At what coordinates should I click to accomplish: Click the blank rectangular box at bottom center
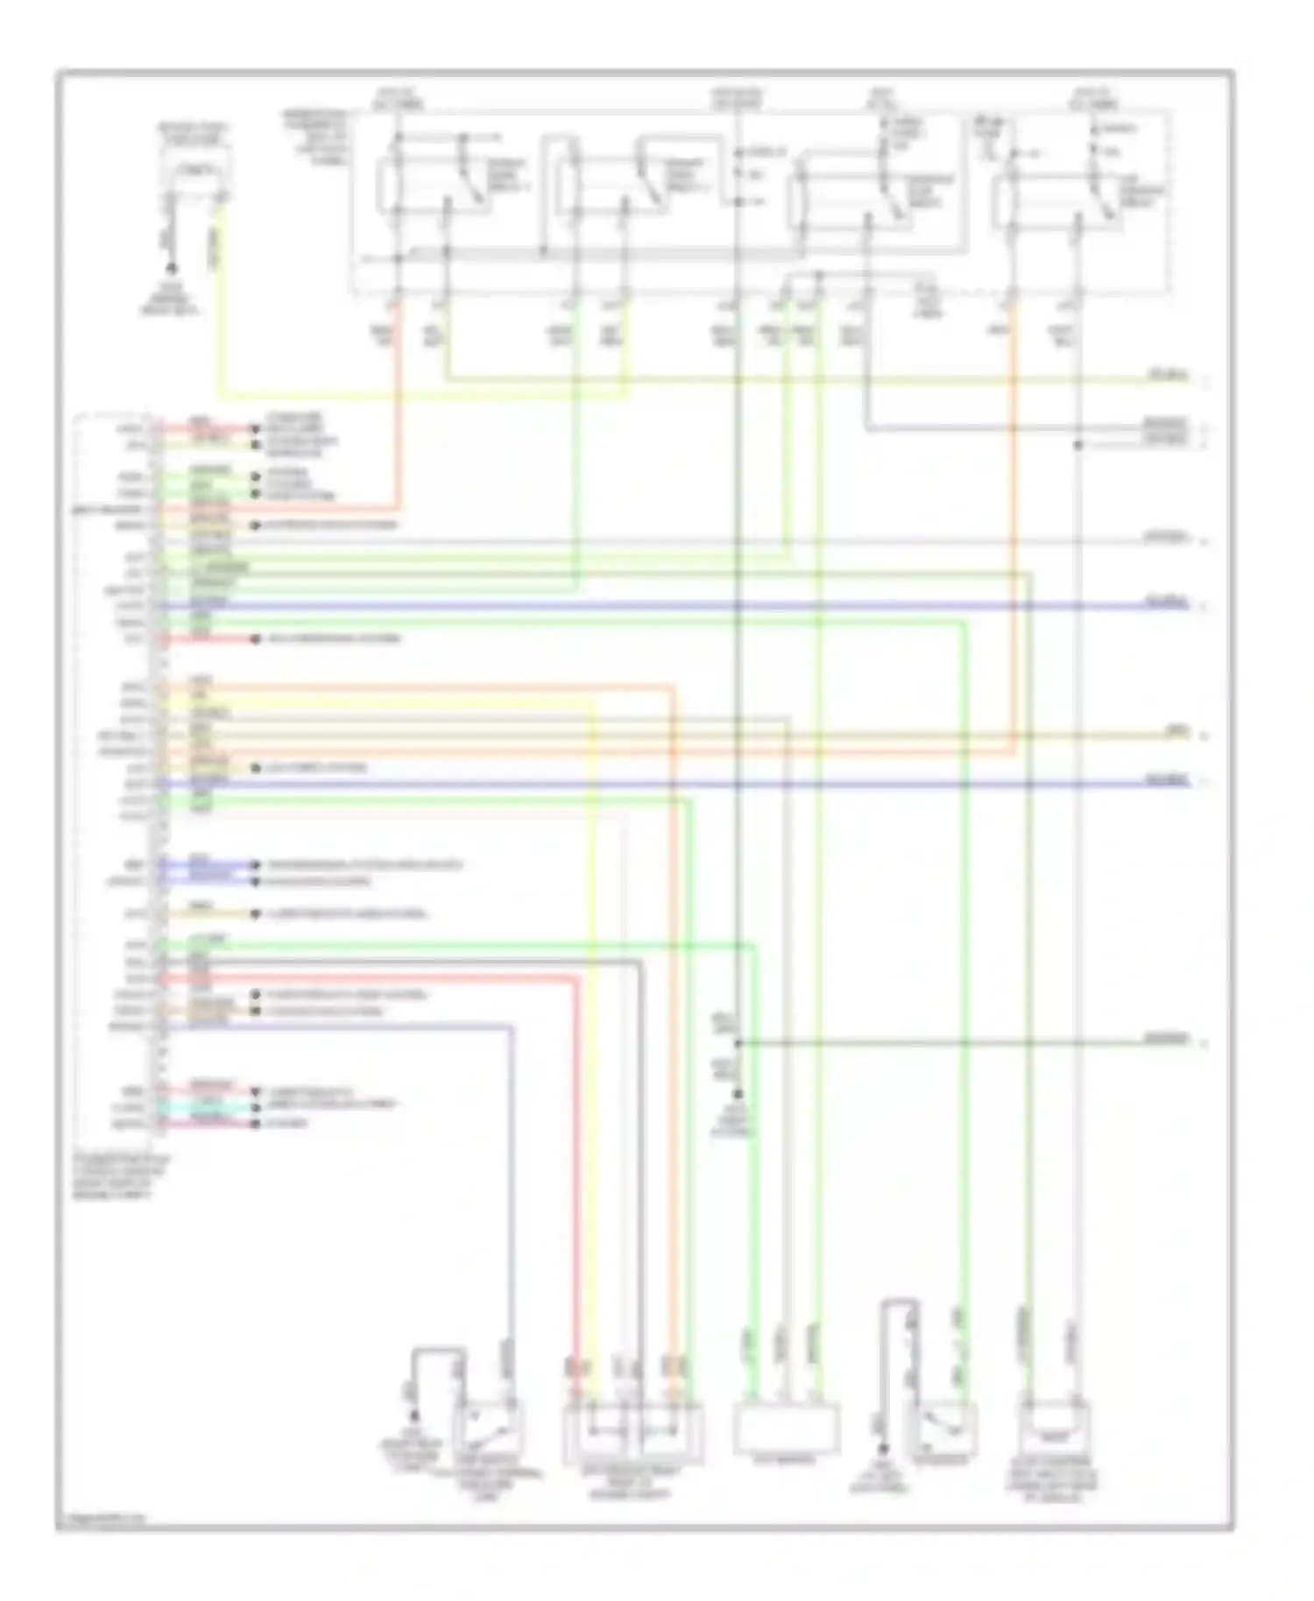pos(785,1428)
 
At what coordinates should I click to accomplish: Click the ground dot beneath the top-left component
pos(172,268)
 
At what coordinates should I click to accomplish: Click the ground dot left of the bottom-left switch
pos(416,1416)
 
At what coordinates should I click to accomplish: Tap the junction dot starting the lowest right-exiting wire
pos(738,1043)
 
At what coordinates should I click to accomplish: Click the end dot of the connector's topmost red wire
pos(256,429)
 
